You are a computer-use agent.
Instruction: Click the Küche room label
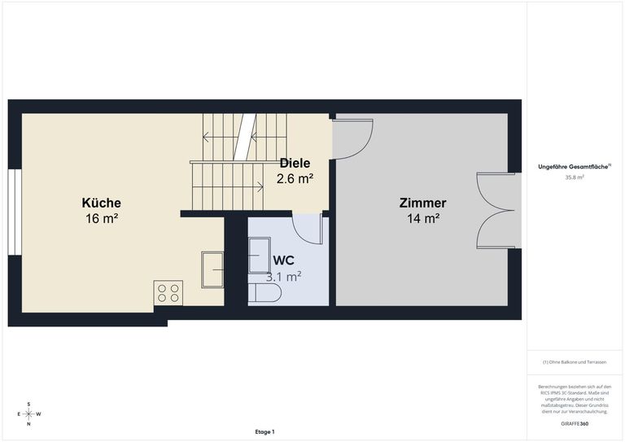[101, 203]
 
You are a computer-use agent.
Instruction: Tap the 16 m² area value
[102, 218]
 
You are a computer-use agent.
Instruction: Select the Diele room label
[295, 163]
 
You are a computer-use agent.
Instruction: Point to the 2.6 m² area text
[295, 178]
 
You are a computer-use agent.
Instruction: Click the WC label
[284, 260]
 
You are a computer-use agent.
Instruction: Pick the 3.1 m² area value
[283, 276]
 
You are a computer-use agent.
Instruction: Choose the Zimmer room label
[423, 203]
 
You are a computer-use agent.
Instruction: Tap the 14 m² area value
[423, 218]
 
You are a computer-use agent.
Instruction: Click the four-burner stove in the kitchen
[168, 293]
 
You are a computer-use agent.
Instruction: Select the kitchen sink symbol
[212, 269]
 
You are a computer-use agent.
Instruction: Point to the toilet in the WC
[264, 293]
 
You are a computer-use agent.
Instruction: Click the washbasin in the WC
[259, 255]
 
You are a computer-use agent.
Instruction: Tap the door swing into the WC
[308, 229]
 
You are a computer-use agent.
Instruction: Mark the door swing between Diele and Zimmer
[352, 139]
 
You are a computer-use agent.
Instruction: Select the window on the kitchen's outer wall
[15, 212]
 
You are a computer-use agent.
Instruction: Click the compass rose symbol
[28, 414]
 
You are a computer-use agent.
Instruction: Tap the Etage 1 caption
[264, 431]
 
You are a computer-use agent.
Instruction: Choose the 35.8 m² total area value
[575, 177]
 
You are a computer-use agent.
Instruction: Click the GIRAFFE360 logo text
[575, 423]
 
